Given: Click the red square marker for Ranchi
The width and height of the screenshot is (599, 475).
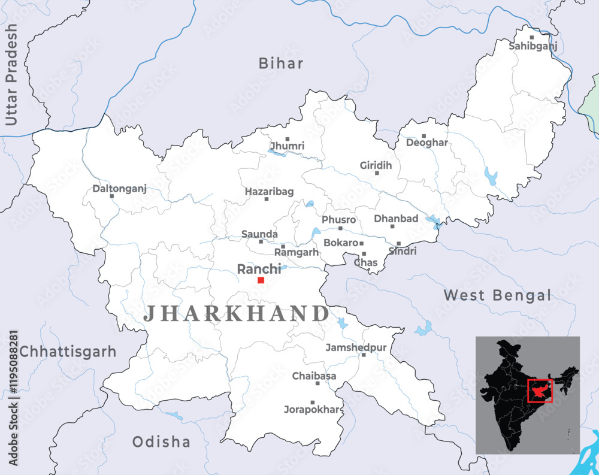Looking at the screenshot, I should click(261, 280).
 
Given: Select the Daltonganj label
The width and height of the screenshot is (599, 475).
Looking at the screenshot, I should click(119, 188).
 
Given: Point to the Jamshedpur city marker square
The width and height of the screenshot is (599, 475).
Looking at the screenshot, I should click(363, 355).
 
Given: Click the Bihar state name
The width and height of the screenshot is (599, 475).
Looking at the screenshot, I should click(281, 63).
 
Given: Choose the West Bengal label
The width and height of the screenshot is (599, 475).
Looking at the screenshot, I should click(497, 295).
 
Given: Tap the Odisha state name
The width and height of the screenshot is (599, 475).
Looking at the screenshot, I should click(161, 442).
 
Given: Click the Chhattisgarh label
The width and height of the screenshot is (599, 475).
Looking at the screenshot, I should click(68, 352).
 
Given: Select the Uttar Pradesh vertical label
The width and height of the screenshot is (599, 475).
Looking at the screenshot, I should click(11, 75).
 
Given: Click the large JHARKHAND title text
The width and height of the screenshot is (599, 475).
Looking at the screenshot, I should click(236, 313).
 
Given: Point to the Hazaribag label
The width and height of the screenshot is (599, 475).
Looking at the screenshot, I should click(269, 192).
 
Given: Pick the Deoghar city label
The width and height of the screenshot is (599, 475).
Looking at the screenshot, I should click(426, 143).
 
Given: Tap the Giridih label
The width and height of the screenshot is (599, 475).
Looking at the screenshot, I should click(376, 165).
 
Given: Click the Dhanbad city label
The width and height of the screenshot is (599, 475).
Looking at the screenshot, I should click(396, 219).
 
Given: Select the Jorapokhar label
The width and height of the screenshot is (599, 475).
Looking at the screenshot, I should click(311, 410).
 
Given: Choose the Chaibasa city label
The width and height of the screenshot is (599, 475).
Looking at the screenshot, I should click(314, 376).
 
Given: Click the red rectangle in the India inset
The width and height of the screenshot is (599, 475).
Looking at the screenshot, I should click(540, 391).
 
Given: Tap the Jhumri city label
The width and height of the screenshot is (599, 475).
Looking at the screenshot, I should click(287, 146).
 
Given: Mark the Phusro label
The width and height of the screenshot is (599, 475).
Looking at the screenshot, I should click(338, 220).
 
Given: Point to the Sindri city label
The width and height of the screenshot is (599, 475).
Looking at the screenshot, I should click(402, 252).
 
